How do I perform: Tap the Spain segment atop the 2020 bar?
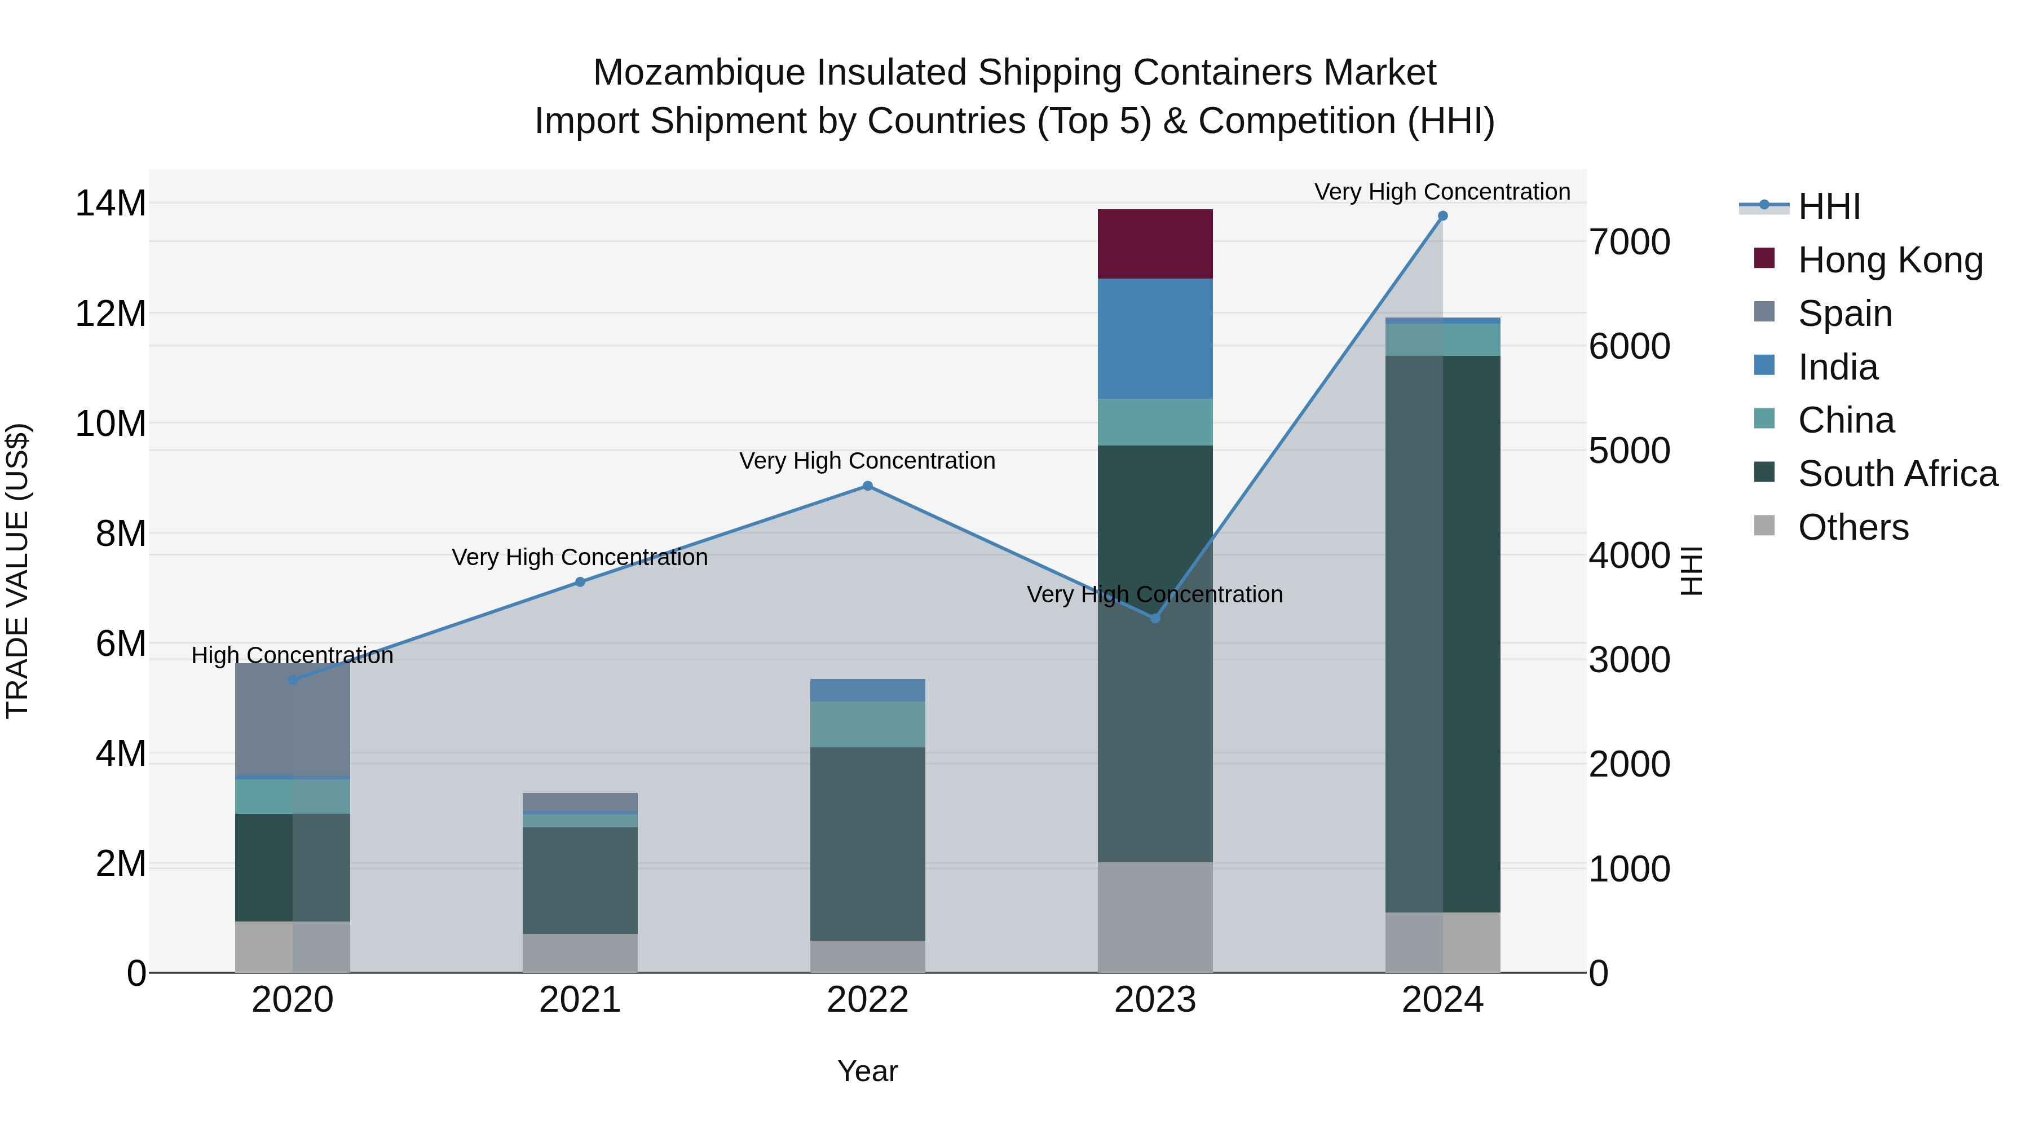click(292, 719)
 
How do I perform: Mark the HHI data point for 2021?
click(580, 583)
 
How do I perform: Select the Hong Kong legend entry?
click(1890, 260)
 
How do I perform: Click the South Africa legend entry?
click(1897, 474)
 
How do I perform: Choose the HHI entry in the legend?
click(1828, 206)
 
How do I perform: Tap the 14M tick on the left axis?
click(111, 204)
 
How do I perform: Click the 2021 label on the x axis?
click(580, 1000)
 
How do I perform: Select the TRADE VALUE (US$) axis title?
click(17, 571)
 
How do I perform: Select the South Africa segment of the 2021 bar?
click(580, 880)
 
